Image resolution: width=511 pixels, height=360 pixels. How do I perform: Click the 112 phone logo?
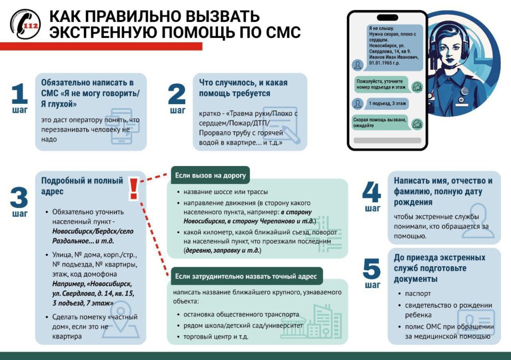tap(25, 24)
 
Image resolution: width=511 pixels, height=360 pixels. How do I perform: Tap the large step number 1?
tap(19, 93)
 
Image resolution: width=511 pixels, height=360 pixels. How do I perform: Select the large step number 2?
tap(177, 94)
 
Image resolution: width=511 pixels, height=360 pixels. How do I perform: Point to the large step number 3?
tap(19, 197)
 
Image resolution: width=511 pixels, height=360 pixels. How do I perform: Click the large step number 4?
tap(371, 192)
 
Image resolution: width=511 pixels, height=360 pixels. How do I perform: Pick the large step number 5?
tap(372, 269)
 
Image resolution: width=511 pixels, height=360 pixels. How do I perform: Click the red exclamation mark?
tap(134, 188)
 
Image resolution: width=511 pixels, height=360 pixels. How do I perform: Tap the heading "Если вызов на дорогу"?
tap(210, 176)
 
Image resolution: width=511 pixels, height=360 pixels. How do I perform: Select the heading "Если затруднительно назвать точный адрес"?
tap(247, 276)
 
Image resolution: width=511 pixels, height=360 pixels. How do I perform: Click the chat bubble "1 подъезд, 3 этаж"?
tap(387, 104)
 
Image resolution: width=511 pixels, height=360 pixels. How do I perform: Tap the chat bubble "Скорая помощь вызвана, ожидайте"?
tap(380, 122)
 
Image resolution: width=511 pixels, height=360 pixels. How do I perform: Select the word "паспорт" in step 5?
tap(418, 294)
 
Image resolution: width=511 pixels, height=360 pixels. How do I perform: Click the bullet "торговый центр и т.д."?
tap(216, 337)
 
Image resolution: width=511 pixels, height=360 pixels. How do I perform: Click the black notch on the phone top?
tap(387, 17)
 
